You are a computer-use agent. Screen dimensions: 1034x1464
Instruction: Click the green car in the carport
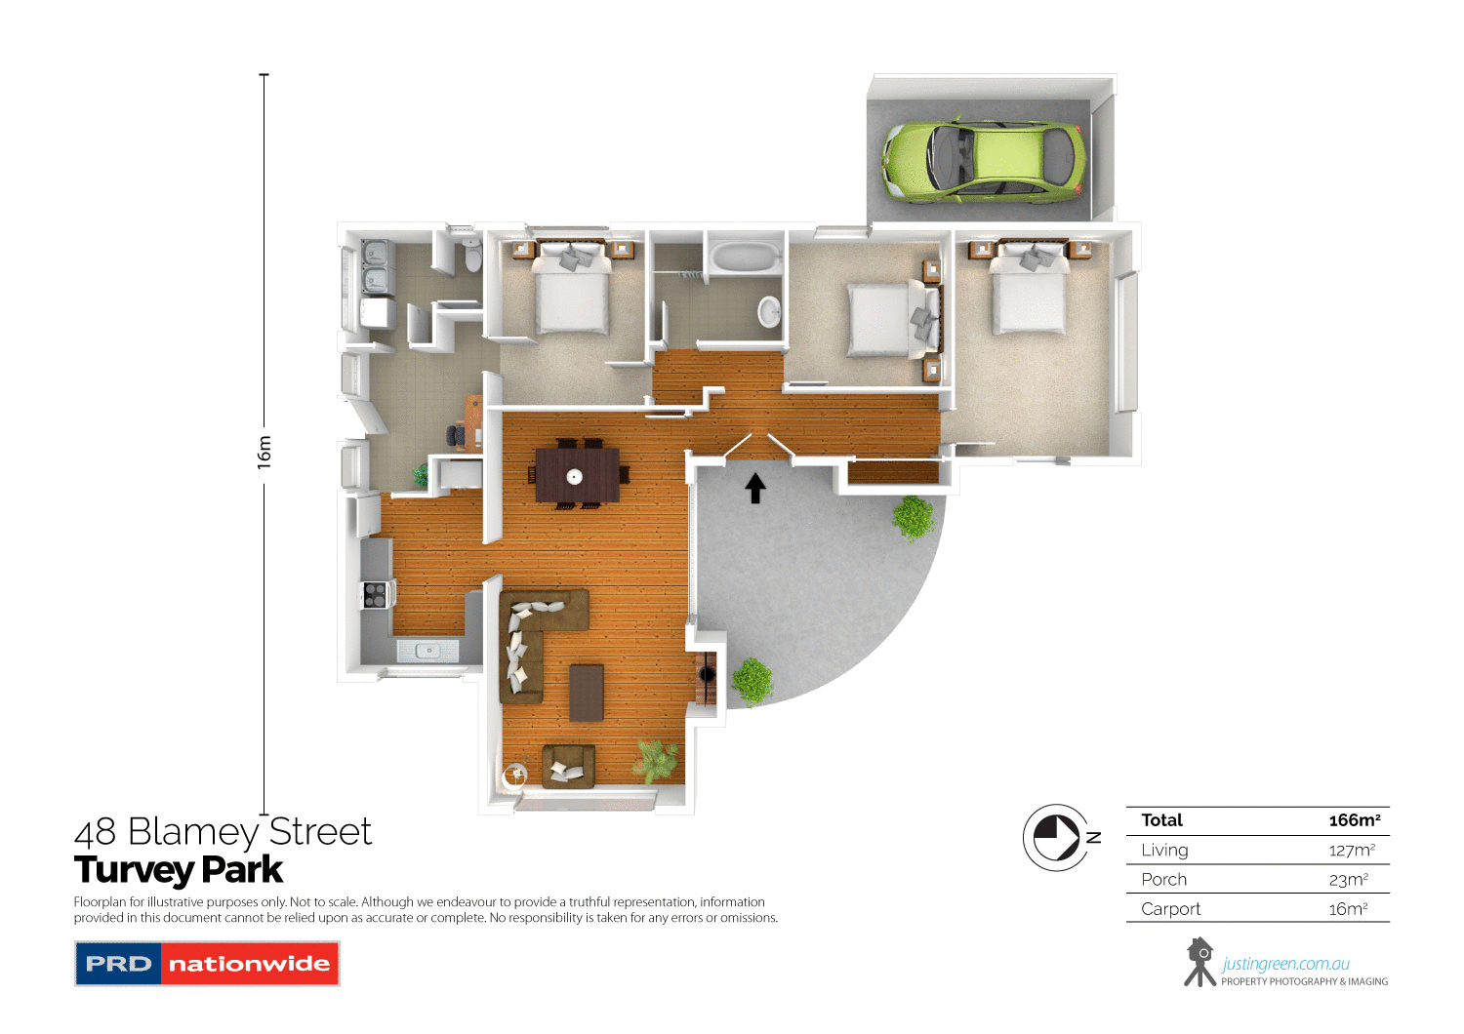[x=984, y=160]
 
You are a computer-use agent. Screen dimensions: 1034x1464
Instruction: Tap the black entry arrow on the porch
[x=754, y=487]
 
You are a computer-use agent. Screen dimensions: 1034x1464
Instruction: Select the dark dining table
[x=577, y=475]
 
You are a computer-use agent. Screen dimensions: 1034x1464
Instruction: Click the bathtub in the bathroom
[x=745, y=258]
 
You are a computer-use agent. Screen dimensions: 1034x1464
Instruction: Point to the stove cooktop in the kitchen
[x=375, y=594]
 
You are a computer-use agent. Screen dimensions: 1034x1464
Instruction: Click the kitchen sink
[x=427, y=650]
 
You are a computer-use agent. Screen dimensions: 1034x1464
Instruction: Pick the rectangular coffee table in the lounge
[x=587, y=692]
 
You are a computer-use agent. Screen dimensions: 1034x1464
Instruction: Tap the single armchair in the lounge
[x=568, y=766]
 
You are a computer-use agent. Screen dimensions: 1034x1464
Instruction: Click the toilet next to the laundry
[x=472, y=257]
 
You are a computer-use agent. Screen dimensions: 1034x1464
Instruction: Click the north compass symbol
[x=1057, y=837]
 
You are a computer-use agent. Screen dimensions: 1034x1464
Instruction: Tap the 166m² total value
[x=1354, y=820]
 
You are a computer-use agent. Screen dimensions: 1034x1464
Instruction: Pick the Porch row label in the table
[x=1163, y=879]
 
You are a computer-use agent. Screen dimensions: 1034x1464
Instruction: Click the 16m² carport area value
[x=1347, y=908]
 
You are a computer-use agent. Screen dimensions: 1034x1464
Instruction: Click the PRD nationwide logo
[x=207, y=964]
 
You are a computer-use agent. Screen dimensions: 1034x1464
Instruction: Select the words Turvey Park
[x=179, y=869]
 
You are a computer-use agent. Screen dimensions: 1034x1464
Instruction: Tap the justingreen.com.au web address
[x=1285, y=964]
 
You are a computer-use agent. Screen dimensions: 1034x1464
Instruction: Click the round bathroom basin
[x=770, y=311]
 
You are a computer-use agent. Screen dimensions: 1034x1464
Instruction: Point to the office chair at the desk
[x=456, y=435]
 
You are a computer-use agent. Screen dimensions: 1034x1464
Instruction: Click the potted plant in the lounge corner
[x=655, y=760]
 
